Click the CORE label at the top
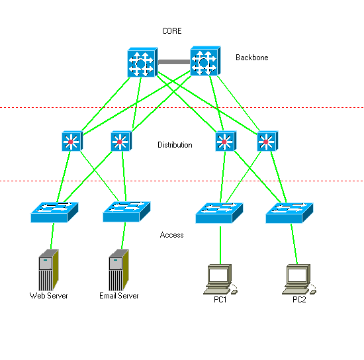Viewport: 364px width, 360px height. (172, 31)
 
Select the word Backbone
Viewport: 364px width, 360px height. (251, 58)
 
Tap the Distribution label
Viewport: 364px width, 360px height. (175, 145)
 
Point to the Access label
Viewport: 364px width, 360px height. (172, 235)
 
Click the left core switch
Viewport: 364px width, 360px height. (141, 62)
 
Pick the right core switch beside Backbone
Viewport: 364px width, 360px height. (204, 62)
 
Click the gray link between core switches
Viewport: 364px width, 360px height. (173, 62)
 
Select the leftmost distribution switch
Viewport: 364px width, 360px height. (71, 141)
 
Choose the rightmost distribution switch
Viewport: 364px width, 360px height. (266, 141)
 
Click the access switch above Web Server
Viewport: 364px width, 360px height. (54, 212)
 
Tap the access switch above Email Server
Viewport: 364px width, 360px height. (126, 212)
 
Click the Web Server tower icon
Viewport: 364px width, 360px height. (48, 270)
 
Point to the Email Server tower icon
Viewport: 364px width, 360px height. (118, 270)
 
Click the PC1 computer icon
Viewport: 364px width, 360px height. (219, 279)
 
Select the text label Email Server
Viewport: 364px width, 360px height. (119, 296)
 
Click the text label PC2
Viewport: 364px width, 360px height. (299, 299)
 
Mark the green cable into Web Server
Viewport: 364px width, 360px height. (51, 237)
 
